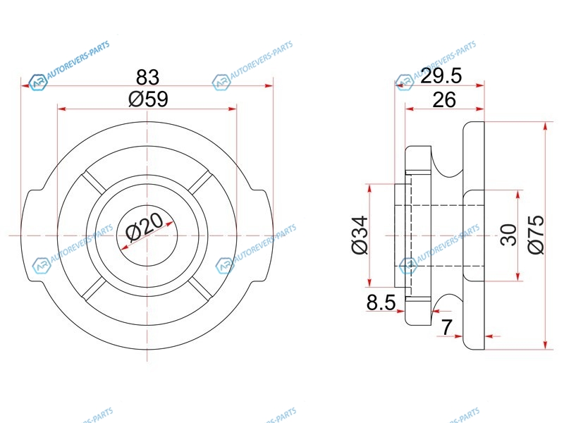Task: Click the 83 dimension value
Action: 147,77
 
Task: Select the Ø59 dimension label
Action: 148,99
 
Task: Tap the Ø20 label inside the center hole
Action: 145,226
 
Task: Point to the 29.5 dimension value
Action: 441,76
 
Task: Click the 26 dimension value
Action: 444,100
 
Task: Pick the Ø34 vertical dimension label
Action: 360,235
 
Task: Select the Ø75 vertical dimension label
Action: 536,235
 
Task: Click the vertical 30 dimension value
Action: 508,235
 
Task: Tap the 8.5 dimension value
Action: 381,302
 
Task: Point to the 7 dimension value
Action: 446,327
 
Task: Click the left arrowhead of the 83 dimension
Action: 25,86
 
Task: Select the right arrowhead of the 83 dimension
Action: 269,86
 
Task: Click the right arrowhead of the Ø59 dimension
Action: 233,109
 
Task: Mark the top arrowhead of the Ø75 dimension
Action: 546,127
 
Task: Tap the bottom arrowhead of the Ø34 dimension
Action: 369,283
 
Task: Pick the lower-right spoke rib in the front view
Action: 200,288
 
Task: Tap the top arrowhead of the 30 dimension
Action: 517,195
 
